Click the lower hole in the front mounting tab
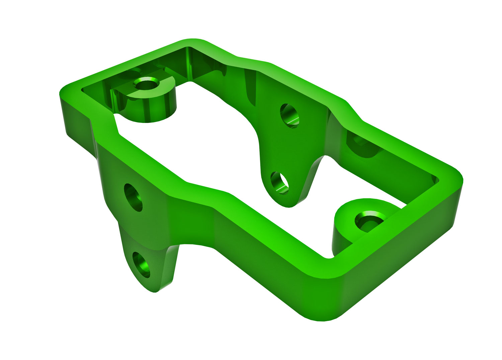coord(141,265)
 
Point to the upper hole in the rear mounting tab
coord(289,115)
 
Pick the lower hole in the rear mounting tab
coord(279,183)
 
